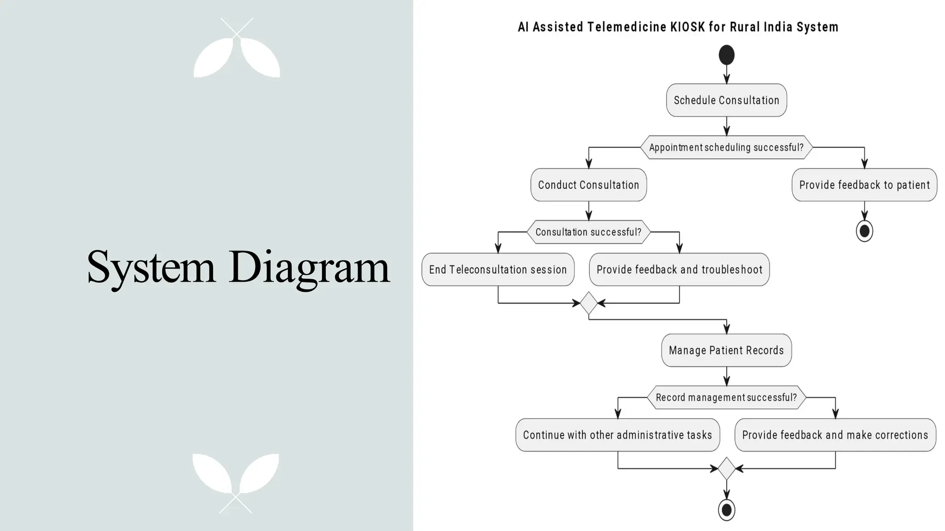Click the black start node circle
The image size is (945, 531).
coord(726,55)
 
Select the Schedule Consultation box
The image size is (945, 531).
coord(726,100)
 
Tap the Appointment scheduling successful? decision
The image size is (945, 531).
coord(726,147)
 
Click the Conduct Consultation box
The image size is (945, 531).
coord(588,185)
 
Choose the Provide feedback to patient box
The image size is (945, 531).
coord(864,185)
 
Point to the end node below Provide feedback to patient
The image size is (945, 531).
coord(864,230)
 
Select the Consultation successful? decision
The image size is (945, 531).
coord(588,232)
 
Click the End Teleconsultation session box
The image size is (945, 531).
coord(498,270)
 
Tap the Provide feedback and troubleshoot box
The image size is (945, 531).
coord(679,270)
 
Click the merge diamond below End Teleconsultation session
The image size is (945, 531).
coord(589,303)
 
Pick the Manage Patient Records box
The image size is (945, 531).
coord(726,350)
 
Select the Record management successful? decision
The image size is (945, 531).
coord(726,397)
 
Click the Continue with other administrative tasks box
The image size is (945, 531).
coord(617,435)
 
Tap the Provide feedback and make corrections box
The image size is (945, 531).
coord(835,435)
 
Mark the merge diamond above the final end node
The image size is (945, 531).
coord(726,468)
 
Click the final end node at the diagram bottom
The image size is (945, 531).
coord(726,510)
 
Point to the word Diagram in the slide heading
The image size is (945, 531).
coord(309,267)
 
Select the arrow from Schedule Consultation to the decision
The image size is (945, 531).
coord(727,126)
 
